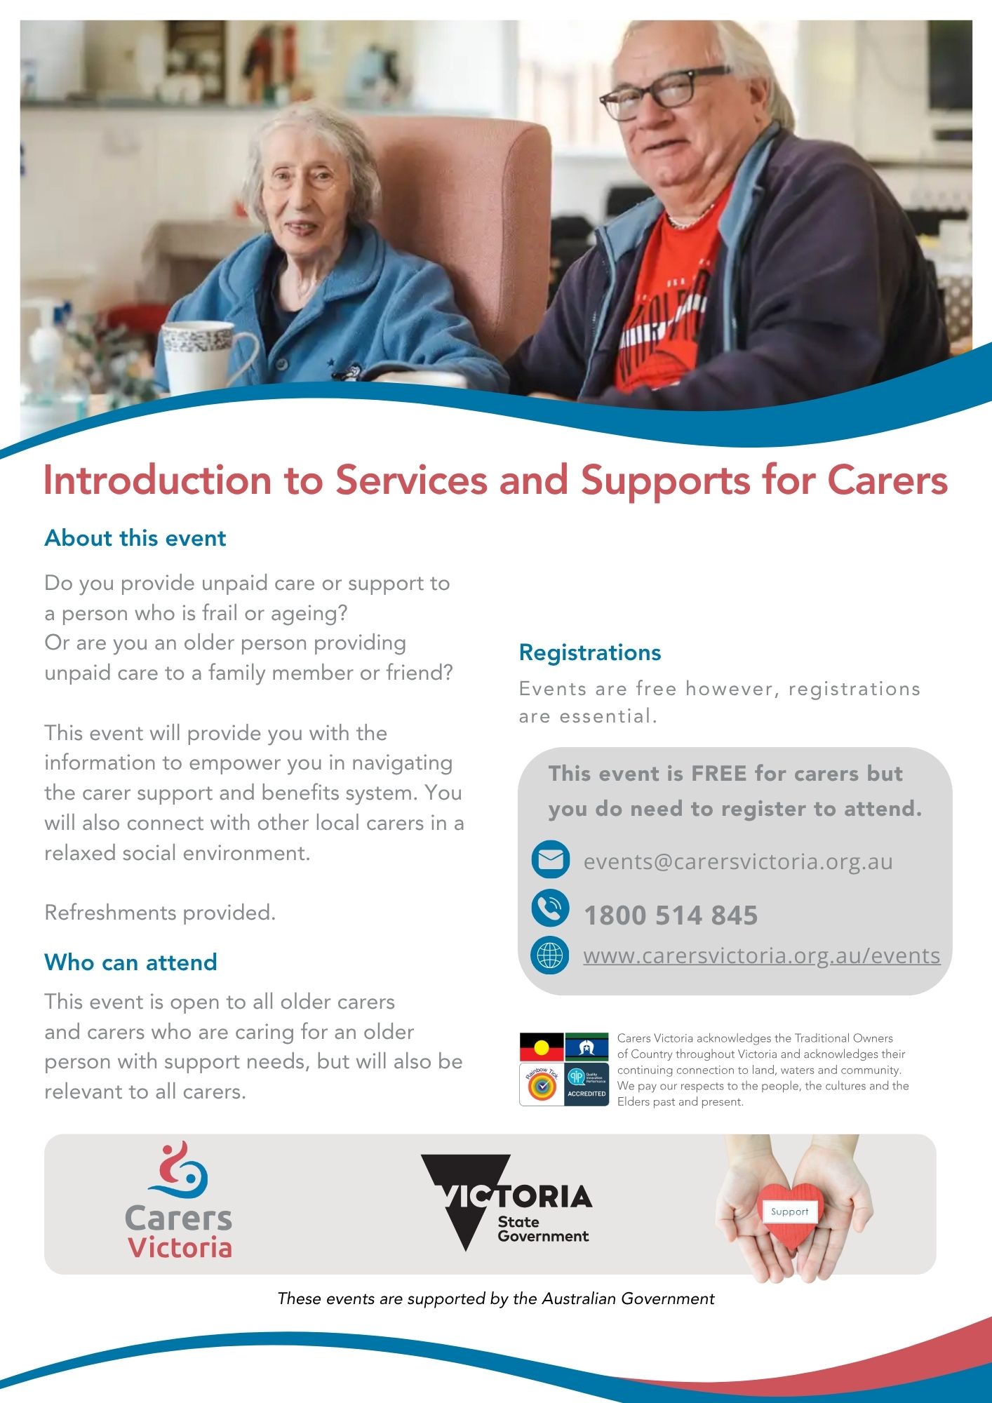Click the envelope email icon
click(x=551, y=859)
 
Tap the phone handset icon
click(x=551, y=908)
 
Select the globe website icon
click(x=550, y=955)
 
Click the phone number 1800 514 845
click(x=671, y=915)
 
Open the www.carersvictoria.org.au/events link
click(x=762, y=955)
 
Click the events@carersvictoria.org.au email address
click(x=738, y=861)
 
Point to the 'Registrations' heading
click(x=590, y=653)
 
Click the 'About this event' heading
click(x=135, y=538)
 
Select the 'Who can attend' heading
click(x=131, y=962)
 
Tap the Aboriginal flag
click(x=542, y=1047)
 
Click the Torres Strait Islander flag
click(x=587, y=1047)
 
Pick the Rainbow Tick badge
click(x=542, y=1085)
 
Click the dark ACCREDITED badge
click(x=587, y=1085)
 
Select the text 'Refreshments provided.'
click(x=160, y=913)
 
